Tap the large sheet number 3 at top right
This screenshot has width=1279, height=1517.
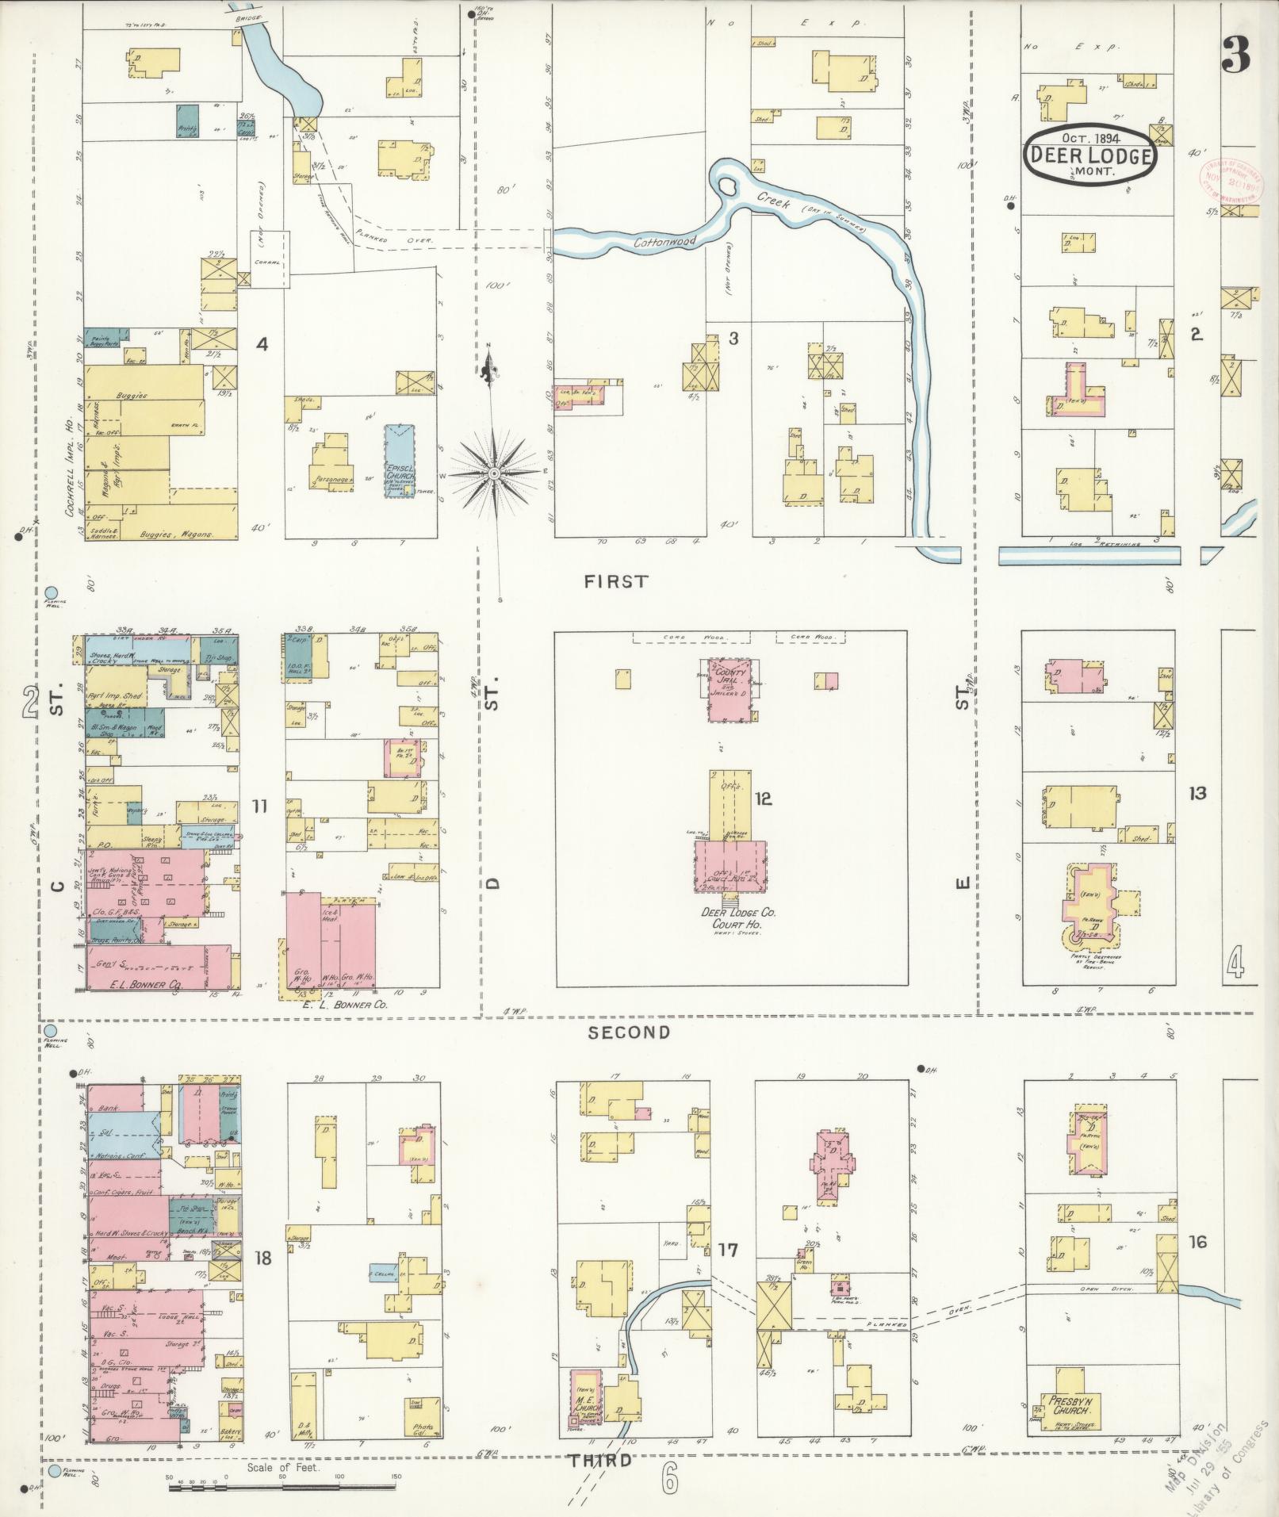(x=1235, y=54)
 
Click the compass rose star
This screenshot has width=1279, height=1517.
(x=493, y=473)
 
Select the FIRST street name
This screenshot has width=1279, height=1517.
(x=615, y=581)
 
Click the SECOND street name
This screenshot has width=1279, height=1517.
(x=630, y=1032)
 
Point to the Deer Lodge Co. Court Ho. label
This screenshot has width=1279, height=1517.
(x=738, y=917)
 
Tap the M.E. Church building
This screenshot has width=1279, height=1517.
(x=586, y=1402)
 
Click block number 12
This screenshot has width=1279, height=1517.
(x=763, y=799)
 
